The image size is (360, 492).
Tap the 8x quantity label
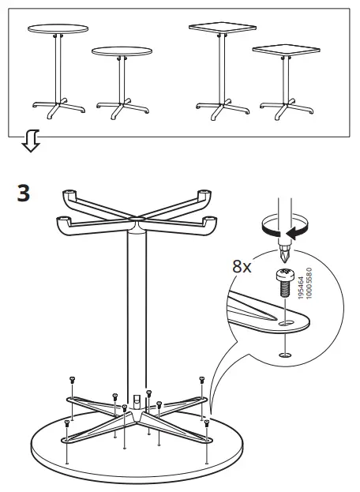[242, 266]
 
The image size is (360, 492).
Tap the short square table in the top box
[281, 79]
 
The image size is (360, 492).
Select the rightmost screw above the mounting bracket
[204, 380]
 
